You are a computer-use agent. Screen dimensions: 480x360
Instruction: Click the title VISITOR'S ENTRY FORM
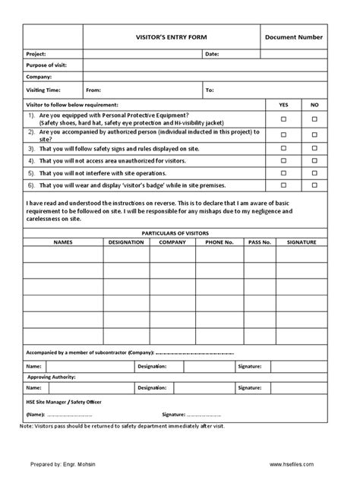click(171, 36)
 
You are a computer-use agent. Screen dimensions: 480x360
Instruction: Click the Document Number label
click(294, 36)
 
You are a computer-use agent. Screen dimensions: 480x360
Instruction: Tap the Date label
click(212, 55)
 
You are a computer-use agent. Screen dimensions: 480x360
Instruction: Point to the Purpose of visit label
click(46, 65)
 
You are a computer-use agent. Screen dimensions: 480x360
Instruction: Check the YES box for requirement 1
click(284, 118)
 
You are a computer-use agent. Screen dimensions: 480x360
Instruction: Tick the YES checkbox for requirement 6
click(284, 185)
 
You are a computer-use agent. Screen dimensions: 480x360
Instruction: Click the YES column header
click(284, 103)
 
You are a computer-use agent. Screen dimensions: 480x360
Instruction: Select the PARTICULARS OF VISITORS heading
click(175, 232)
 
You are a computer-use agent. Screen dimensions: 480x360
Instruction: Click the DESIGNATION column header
click(126, 242)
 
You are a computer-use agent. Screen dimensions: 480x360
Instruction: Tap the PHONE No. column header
click(219, 242)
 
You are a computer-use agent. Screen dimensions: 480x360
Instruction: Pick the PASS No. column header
click(260, 242)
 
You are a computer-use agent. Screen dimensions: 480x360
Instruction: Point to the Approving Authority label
click(52, 377)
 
